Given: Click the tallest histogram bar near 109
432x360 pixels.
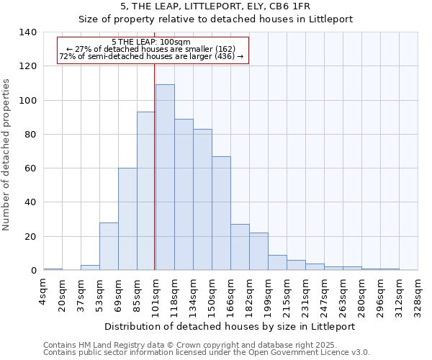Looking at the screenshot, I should click(x=165, y=177).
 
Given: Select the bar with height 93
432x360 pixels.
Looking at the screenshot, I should click(x=146, y=191).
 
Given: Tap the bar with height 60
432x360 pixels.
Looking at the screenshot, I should click(x=127, y=219).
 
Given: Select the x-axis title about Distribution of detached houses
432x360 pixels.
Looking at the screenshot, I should click(x=230, y=327).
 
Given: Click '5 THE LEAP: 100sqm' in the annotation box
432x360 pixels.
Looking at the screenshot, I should click(x=152, y=42).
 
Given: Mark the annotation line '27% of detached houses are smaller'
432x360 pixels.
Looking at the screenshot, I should click(x=152, y=49).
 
